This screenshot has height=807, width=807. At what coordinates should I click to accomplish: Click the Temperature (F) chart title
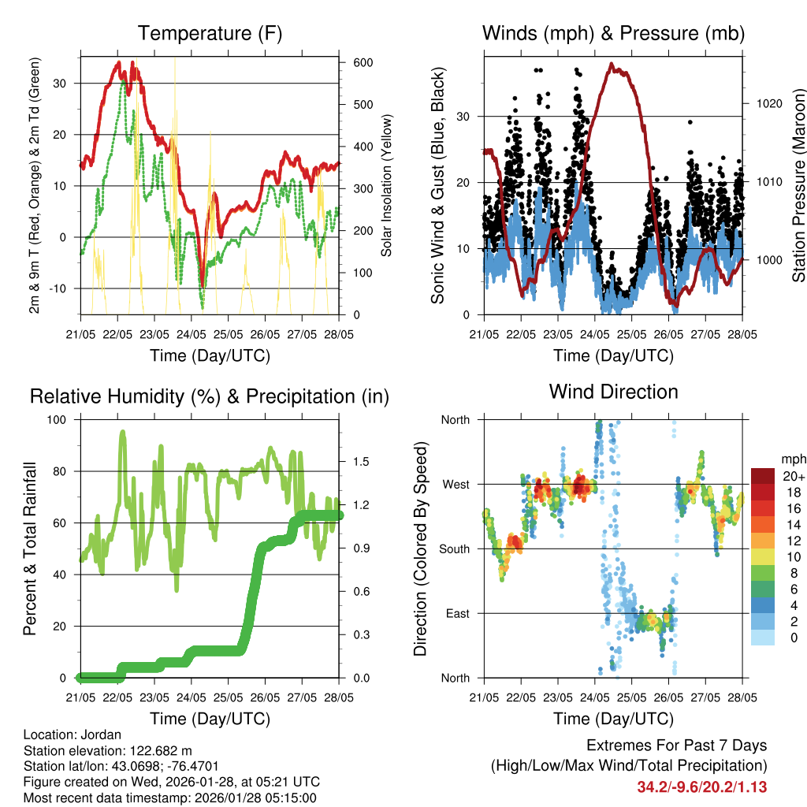click(x=210, y=33)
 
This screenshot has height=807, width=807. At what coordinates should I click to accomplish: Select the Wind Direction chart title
click(x=613, y=391)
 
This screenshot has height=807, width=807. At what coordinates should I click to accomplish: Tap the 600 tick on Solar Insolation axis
click(x=363, y=62)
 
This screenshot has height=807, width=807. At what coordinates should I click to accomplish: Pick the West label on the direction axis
click(x=455, y=484)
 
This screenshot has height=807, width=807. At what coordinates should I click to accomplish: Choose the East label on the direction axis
click(x=456, y=613)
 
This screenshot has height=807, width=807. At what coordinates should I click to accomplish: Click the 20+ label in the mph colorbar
click(x=793, y=476)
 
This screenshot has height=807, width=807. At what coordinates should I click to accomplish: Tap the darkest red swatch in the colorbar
click(x=763, y=476)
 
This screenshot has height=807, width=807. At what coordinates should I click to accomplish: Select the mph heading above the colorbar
click(x=793, y=459)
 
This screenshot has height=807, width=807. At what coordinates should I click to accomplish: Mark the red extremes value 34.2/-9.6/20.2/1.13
click(x=701, y=787)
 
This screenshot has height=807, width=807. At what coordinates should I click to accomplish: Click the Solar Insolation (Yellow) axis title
click(x=387, y=185)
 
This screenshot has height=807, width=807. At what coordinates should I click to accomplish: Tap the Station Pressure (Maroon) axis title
click(x=798, y=185)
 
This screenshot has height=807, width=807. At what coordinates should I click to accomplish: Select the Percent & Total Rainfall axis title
click(x=30, y=548)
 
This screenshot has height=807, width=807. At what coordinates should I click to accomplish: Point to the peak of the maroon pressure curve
click(x=611, y=65)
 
